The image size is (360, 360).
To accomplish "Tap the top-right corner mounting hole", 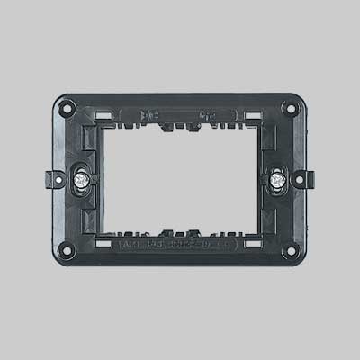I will coord(290,108).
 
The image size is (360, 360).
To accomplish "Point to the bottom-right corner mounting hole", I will coord(290,249).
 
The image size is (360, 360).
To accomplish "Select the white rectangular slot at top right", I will coord(254,115).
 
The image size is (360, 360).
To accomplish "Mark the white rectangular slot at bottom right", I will coord(254,243).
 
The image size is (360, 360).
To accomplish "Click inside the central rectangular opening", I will coord(180,178).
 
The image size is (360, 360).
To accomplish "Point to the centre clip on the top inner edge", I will coord(180,128).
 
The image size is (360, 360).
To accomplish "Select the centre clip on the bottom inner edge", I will coord(180,229).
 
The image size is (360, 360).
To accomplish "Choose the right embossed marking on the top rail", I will coord(206,115).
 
